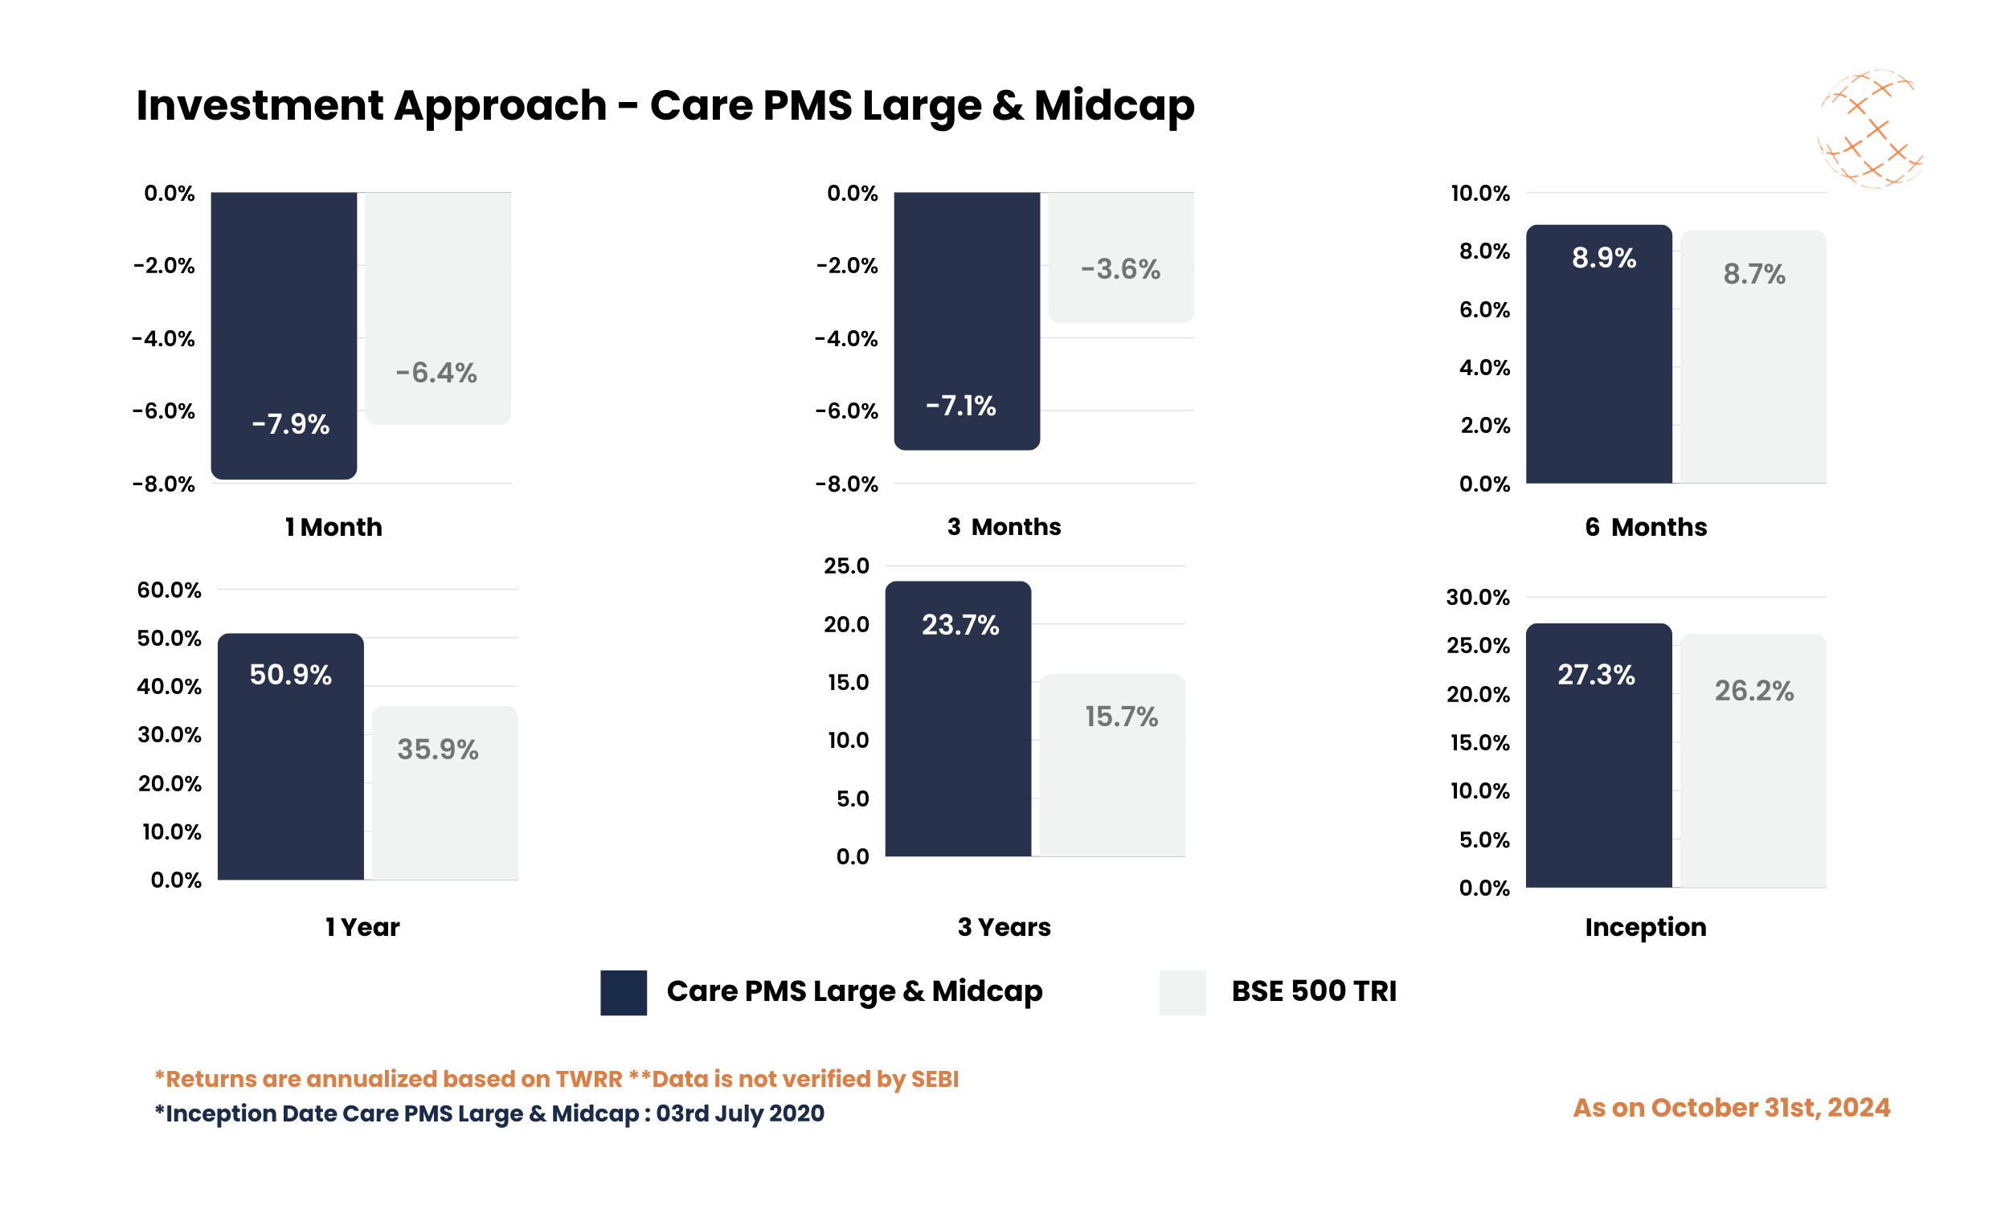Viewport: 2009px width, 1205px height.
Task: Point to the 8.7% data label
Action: [x=1754, y=275]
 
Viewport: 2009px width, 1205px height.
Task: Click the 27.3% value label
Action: [x=1596, y=675]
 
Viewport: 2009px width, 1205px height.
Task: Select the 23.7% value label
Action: [x=959, y=624]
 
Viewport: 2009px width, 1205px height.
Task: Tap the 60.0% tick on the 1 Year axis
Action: [x=169, y=590]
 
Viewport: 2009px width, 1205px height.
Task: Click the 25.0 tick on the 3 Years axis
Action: [x=846, y=566]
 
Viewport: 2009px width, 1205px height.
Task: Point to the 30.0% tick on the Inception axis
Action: [x=1478, y=598]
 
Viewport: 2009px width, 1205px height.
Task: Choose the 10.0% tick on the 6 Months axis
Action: [x=1479, y=194]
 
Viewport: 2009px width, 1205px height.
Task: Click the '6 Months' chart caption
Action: [x=1645, y=527]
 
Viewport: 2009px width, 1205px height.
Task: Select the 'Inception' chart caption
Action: [x=1645, y=927]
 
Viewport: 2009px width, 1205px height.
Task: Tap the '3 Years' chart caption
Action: [x=1004, y=927]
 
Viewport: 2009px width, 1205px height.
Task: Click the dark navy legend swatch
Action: [x=624, y=992]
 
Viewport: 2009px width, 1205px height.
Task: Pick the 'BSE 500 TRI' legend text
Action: [x=1314, y=991]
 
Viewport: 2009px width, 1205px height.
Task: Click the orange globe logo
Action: [x=1869, y=130]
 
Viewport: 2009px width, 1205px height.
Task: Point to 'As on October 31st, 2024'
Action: [x=1731, y=1109]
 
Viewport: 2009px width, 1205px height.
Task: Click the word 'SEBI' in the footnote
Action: [x=935, y=1079]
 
